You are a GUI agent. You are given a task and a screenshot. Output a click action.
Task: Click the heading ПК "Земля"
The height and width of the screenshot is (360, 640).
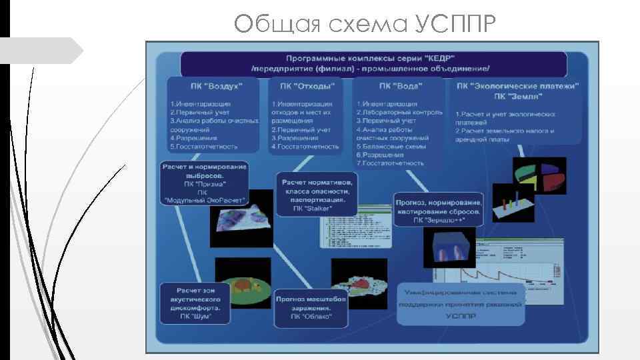(517, 96)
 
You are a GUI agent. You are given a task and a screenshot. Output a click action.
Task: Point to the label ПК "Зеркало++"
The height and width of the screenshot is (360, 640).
(438, 219)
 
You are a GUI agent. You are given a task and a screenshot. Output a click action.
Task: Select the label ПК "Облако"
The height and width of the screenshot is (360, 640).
(311, 317)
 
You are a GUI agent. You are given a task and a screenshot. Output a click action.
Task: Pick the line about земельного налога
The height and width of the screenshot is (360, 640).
(505, 131)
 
